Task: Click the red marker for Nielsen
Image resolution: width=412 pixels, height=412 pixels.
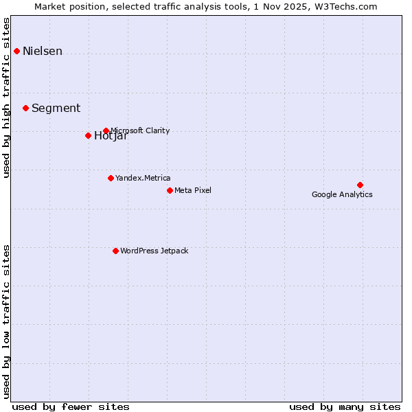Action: point(16,51)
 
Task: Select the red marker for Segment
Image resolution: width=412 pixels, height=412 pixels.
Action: point(25,108)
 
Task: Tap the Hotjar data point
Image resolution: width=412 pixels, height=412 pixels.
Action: point(88,135)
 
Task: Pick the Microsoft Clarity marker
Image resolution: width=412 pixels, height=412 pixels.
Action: point(106,130)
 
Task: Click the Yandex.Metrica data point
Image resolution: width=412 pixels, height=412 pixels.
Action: point(111,178)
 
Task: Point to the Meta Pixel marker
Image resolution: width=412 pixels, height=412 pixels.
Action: point(170,190)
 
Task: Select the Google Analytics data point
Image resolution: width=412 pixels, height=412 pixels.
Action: point(360,185)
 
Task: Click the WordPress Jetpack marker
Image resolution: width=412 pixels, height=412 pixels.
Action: point(115,251)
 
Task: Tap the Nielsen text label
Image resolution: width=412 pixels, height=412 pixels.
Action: point(43,51)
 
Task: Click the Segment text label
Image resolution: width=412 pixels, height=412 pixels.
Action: point(56,108)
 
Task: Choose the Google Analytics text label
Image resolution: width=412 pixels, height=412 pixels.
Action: point(342,194)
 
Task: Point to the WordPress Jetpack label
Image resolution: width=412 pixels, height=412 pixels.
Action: point(154,251)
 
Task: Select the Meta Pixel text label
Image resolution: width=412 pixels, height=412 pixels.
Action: point(193,190)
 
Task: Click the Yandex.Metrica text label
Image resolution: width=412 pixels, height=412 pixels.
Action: point(143,178)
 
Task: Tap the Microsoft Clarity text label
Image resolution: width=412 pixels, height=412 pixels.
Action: point(139,130)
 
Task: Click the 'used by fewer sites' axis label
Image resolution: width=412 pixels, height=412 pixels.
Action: point(71,407)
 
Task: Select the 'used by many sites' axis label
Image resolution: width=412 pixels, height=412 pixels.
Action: point(345,407)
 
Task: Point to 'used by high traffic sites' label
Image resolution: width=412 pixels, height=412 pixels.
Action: point(7,98)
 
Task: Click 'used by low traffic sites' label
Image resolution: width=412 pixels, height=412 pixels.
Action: point(7,321)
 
